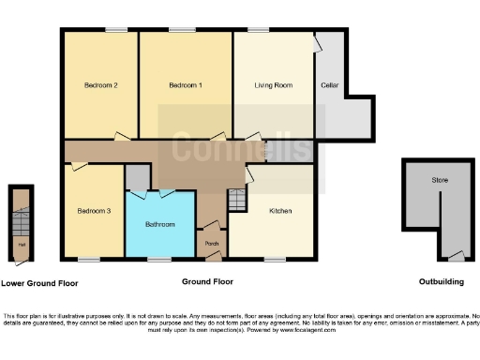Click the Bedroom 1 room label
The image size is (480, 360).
pyautogui.click(x=185, y=85)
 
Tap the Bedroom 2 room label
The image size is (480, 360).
pyautogui.click(x=100, y=85)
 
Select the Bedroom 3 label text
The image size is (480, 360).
pyautogui.click(x=94, y=212)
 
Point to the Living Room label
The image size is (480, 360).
pyautogui.click(x=274, y=85)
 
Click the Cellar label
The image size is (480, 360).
pyautogui.click(x=328, y=85)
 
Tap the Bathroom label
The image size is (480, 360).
pyautogui.click(x=160, y=225)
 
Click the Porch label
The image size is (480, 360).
pyautogui.click(x=212, y=245)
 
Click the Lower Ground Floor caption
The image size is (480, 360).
pyautogui.click(x=39, y=282)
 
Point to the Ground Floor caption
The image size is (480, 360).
pyautogui.click(x=207, y=281)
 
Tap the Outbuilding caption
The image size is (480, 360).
pyautogui.click(x=442, y=281)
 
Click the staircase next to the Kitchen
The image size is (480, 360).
pyautogui.click(x=236, y=199)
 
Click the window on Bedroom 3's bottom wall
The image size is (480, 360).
pyautogui.click(x=89, y=259)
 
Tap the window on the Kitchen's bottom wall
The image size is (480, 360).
pyautogui.click(x=275, y=259)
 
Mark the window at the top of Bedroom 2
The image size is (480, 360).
pyautogui.click(x=115, y=30)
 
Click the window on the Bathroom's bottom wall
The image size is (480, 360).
pyautogui.click(x=158, y=259)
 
